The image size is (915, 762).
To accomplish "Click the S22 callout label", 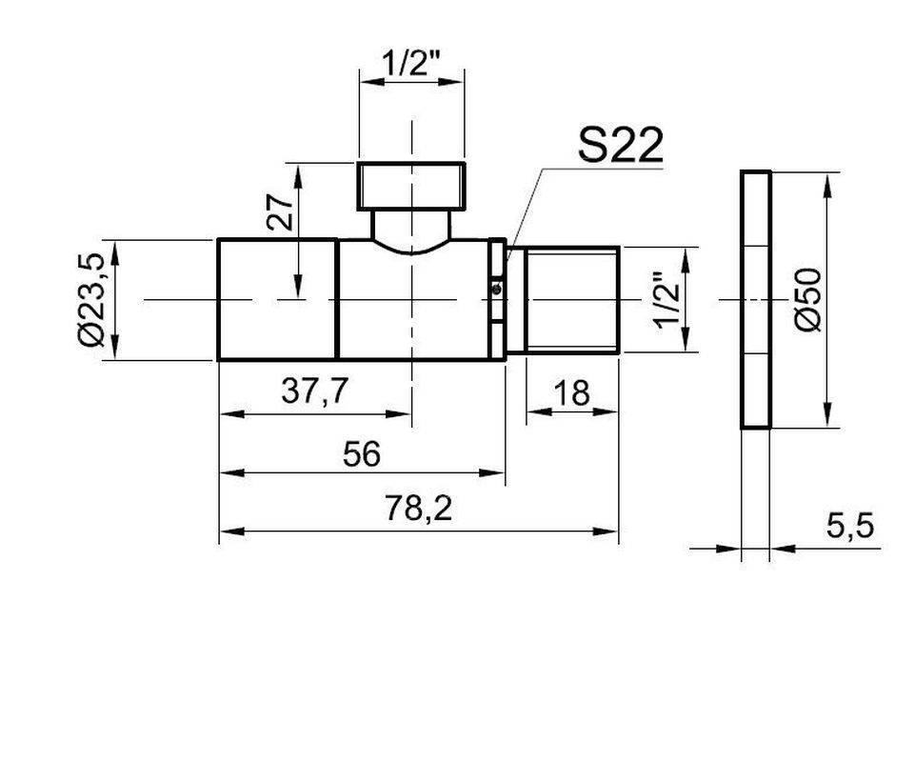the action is (620, 145).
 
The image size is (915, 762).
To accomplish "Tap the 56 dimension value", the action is (361, 453).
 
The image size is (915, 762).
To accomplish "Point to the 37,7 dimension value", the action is (314, 391).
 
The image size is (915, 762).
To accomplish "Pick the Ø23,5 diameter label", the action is (90, 299).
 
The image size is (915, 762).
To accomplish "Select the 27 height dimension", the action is (279, 212).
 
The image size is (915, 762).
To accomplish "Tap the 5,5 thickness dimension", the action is (850, 526).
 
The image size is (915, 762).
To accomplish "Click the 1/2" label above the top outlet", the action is (412, 63).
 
